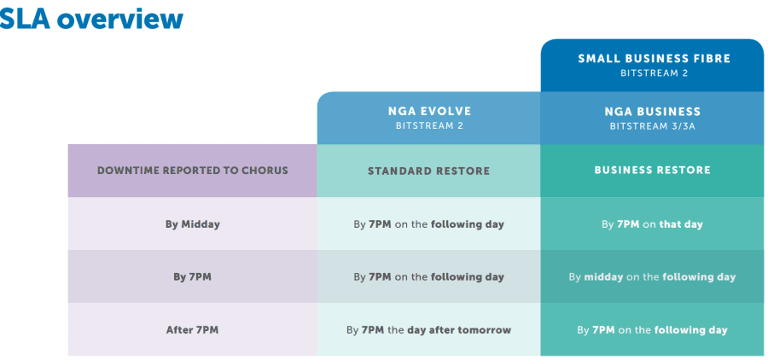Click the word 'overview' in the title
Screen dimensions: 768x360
coord(119,20)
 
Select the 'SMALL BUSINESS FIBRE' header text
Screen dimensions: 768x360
coord(654,59)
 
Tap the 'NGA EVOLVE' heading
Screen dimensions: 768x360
coord(428,111)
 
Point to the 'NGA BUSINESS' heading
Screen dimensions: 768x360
coord(653,111)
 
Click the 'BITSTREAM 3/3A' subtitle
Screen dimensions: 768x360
coord(653,126)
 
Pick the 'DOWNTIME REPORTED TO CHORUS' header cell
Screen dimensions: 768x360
coord(193,171)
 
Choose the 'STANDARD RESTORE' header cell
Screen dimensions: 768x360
coord(428,171)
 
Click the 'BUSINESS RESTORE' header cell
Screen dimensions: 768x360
coord(653,171)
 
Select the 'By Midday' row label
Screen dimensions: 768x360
coord(193,224)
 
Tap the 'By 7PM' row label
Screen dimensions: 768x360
coord(193,276)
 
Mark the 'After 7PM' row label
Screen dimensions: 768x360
coord(193,329)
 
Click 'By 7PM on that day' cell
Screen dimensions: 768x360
coord(653,224)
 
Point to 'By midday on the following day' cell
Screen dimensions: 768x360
coord(653,276)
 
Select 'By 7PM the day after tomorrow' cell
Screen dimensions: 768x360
coord(428,329)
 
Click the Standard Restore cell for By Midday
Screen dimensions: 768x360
coord(428,224)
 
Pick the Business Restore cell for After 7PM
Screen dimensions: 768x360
coord(653,329)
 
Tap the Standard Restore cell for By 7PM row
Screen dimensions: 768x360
coord(428,276)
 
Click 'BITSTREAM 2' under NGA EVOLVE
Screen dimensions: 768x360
coord(428,126)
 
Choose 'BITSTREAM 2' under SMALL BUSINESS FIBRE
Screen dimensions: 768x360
coord(654,73)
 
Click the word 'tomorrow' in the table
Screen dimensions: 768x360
coord(485,329)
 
